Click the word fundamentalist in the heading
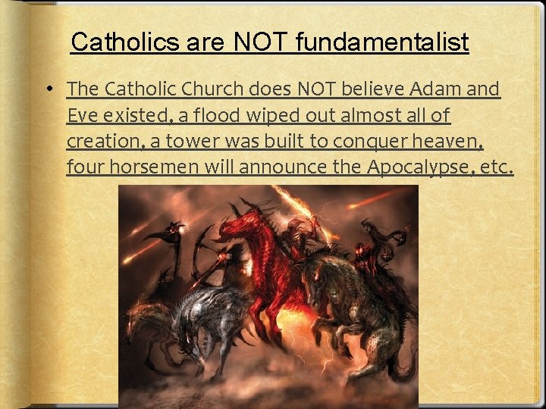pos(382,42)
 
